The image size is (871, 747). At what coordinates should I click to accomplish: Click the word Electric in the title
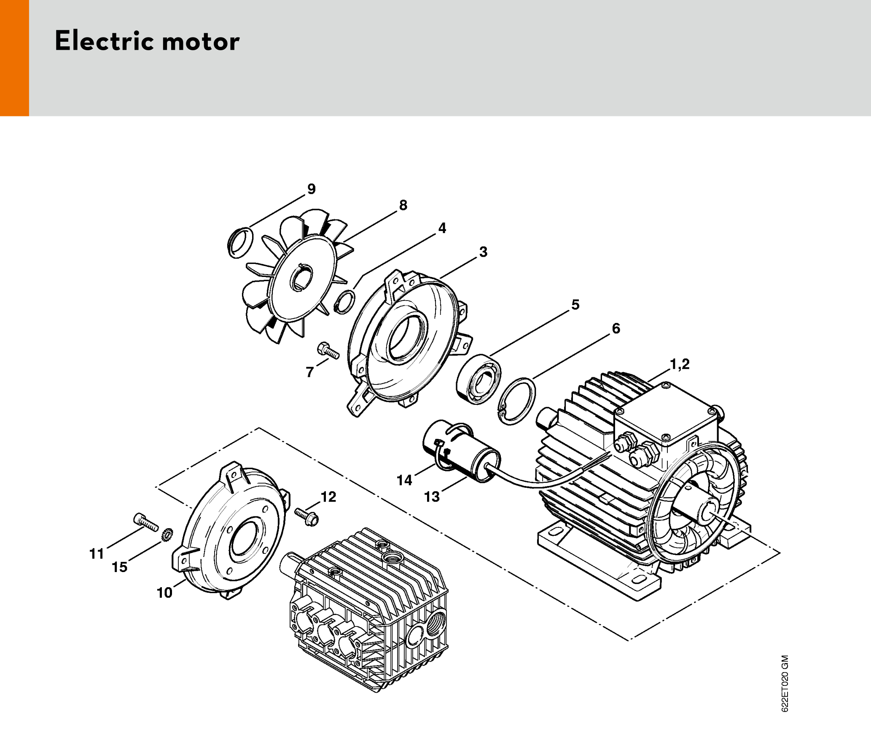[105, 41]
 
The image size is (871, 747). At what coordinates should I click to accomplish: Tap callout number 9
[312, 189]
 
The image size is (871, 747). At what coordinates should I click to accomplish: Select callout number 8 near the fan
[403, 205]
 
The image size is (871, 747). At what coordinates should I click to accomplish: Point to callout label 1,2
[680, 364]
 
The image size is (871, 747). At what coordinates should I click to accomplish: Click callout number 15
[119, 567]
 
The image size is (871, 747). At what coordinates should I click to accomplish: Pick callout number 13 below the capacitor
[432, 497]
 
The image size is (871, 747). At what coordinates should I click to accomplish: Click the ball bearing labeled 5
[479, 380]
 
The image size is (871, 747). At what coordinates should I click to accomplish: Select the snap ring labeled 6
[517, 401]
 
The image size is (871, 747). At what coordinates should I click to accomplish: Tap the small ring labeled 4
[344, 302]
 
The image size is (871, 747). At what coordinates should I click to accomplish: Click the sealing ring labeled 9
[240, 242]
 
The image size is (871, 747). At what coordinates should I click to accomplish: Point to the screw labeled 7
[328, 351]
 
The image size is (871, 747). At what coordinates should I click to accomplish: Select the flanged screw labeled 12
[307, 517]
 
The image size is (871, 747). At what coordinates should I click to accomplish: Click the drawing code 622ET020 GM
[785, 683]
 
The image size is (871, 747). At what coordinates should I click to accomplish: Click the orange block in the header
[14, 58]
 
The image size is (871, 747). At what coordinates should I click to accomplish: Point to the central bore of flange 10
[242, 540]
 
